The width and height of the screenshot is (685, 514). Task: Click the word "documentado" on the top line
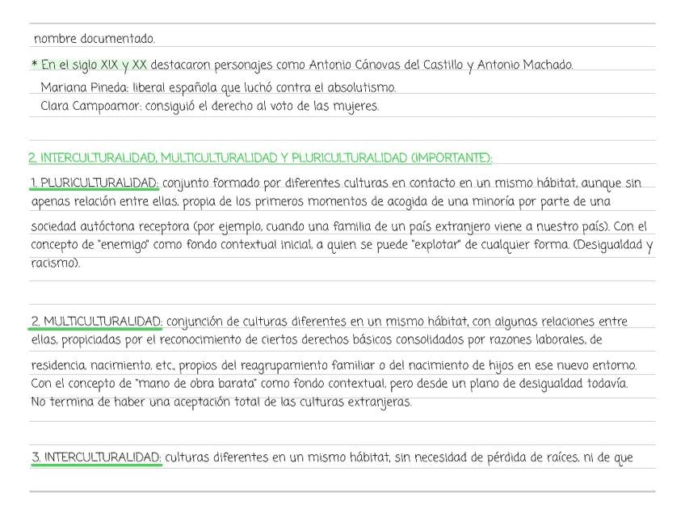pyautogui.click(x=119, y=39)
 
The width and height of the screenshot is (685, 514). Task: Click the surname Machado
pyautogui.click(x=545, y=65)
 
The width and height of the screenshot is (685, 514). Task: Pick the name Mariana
pyautogui.click(x=62, y=88)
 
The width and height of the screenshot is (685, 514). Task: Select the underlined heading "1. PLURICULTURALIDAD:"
pyautogui.click(x=94, y=183)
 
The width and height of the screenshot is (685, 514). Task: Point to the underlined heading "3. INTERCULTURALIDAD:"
pyautogui.click(x=96, y=458)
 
